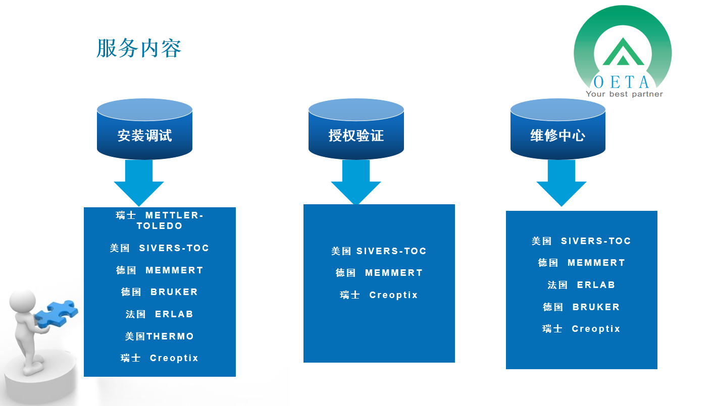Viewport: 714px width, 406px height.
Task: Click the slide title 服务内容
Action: [x=139, y=48]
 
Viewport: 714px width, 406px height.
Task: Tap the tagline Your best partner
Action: [x=624, y=94]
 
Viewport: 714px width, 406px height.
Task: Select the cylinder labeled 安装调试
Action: [x=144, y=129]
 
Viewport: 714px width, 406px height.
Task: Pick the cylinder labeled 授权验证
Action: [x=356, y=129]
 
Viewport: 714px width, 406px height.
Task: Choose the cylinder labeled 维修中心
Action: [x=558, y=129]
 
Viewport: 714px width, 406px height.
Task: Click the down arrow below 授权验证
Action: [x=356, y=182]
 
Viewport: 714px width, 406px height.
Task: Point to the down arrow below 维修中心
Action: [x=562, y=183]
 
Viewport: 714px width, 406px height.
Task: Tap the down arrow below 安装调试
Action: [x=139, y=183]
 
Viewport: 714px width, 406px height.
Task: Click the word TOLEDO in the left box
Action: [x=160, y=226]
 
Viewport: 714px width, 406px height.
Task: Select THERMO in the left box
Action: [x=170, y=336]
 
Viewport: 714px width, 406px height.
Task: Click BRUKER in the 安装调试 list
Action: [x=174, y=292]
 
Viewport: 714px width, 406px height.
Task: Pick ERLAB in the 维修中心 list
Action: [x=596, y=284]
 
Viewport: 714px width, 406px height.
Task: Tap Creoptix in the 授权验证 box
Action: [x=393, y=295]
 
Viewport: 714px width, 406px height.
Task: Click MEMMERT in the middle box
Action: [x=394, y=272]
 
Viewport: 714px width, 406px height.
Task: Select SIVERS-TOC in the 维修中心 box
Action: [x=596, y=241]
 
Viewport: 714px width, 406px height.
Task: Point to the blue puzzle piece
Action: [x=56, y=313]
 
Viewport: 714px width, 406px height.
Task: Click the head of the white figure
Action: [x=23, y=302]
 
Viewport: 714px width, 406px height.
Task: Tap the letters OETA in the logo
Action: [x=621, y=82]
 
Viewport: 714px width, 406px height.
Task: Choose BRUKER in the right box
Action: [x=596, y=307]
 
